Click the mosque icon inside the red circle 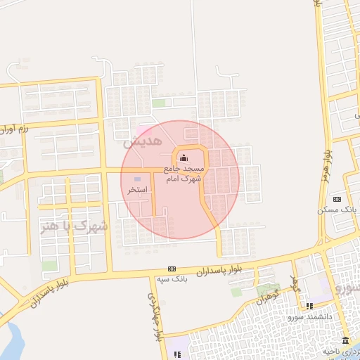tap(184, 157)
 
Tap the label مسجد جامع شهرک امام tap(184, 174)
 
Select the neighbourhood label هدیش tap(138, 141)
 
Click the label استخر tap(137, 191)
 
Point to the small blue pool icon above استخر tap(137, 180)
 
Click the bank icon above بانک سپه tap(172, 269)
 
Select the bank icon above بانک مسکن tap(337, 199)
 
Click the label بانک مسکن tap(337, 210)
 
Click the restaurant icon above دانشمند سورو tap(309, 306)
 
